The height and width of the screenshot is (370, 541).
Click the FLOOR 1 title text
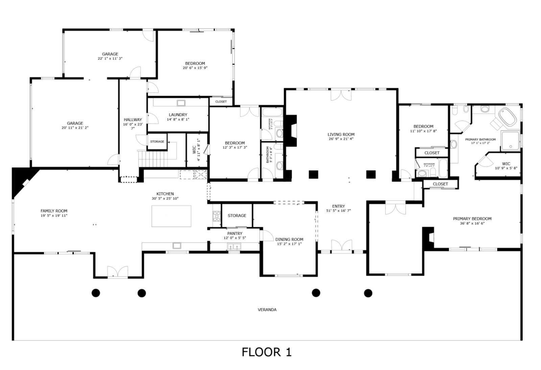266,352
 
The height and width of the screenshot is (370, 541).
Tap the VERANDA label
267,310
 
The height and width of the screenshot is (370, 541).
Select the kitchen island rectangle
171,216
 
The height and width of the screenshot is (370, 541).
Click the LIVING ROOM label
341,134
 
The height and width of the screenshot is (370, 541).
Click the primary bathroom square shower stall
510,140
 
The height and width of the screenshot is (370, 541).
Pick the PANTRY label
235,234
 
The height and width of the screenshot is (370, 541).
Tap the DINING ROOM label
289,239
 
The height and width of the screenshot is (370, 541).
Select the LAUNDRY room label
178,115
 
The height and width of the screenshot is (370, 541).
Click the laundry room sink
181,103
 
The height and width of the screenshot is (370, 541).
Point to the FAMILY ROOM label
54,211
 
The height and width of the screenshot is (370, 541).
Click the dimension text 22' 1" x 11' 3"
110,59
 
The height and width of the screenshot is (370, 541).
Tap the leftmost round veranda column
96,293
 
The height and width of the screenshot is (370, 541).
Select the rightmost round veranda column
368,293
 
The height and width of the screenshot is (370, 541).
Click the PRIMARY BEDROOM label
472,219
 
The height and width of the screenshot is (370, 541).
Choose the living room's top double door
341,94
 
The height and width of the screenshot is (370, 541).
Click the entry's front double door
342,246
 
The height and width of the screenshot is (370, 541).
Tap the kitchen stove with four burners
216,216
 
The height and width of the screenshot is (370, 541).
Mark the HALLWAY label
133,119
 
